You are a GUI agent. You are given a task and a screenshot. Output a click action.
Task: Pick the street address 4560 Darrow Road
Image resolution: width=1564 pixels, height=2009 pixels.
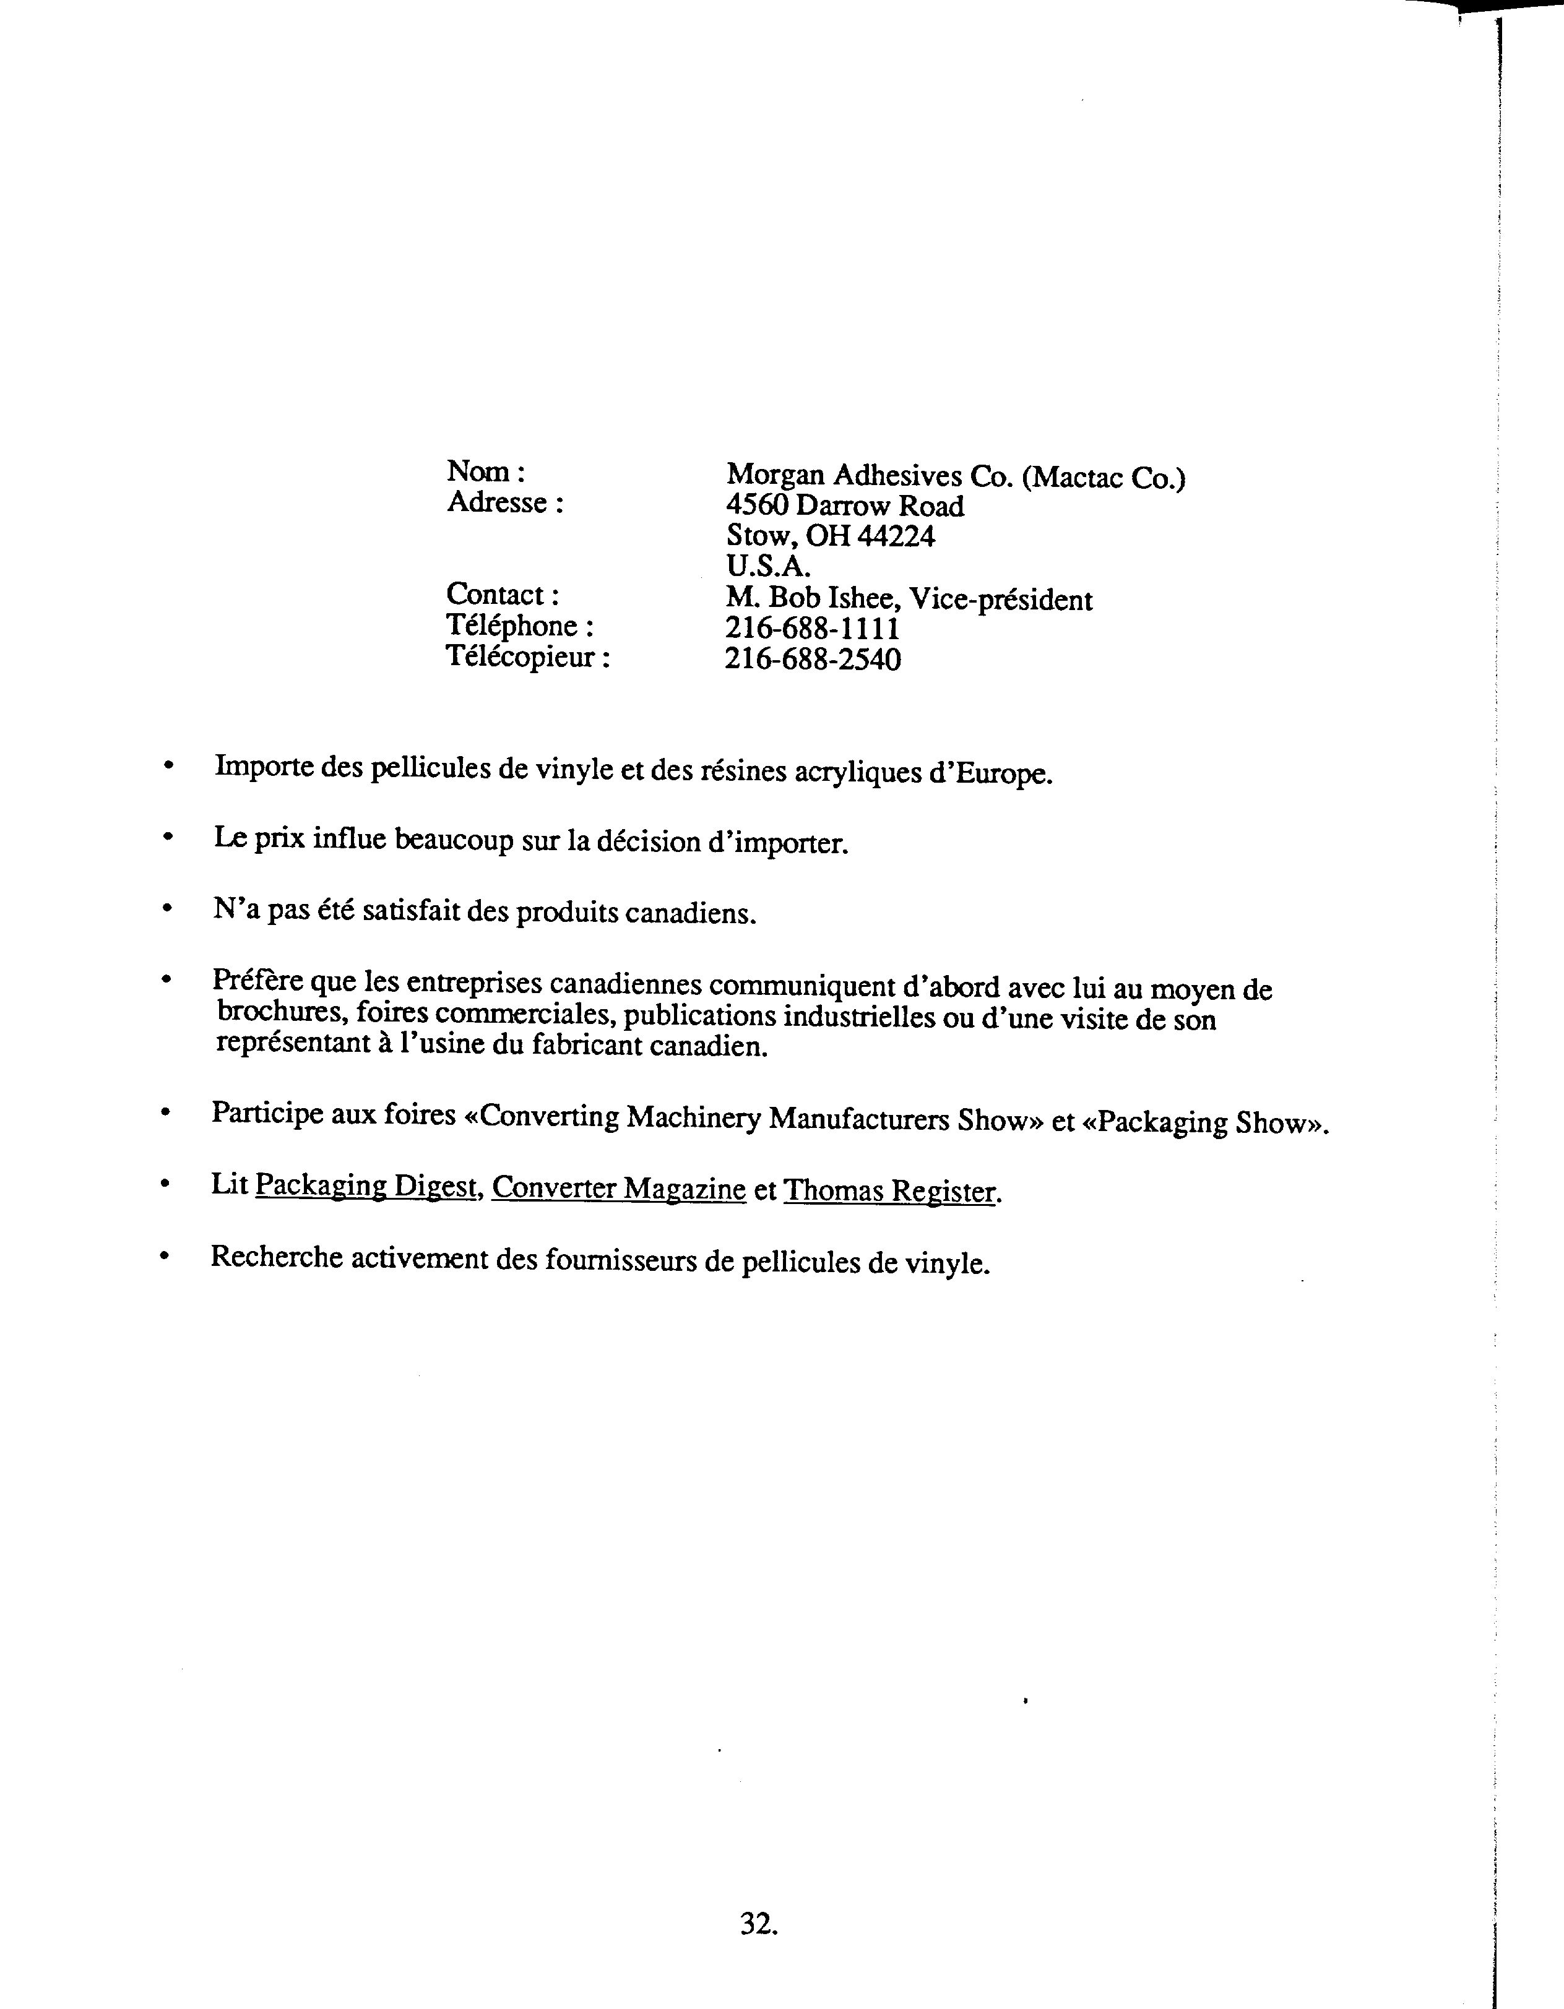pos(845,506)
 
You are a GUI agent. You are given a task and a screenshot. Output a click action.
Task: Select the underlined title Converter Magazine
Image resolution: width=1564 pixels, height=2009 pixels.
pos(618,1189)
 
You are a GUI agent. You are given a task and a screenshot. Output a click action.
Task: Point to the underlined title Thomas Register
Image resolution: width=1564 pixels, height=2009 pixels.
pos(889,1191)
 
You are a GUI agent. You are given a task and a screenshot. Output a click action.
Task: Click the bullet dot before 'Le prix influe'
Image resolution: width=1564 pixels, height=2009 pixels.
pos(166,837)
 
